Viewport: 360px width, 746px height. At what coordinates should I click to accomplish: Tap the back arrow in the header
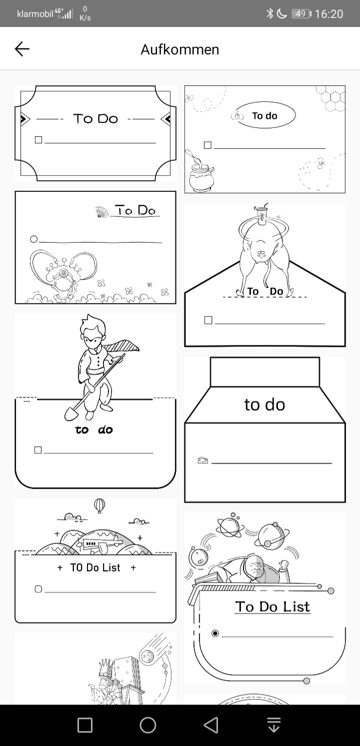coord(22,49)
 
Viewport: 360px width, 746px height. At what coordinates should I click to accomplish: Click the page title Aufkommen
coord(180,49)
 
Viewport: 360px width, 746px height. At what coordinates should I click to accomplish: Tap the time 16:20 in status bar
coord(328,14)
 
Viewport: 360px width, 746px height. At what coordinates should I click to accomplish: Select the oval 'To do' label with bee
coord(265,115)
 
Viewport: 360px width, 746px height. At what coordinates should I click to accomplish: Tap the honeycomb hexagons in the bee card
coord(330,98)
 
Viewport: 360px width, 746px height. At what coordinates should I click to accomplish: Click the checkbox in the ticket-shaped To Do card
coord(38,140)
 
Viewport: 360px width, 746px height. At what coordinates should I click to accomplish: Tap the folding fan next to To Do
coord(102,212)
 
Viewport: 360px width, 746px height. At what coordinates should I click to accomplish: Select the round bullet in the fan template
coord(33,239)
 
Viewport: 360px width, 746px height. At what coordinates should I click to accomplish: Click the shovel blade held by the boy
coord(71,414)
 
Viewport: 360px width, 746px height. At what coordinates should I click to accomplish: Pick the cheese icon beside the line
coord(202,460)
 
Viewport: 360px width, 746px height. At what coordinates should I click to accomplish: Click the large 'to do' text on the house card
coord(264,405)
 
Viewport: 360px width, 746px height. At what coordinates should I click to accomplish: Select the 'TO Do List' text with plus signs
coord(95,568)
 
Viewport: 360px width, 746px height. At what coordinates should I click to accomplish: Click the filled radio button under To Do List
coord(215,633)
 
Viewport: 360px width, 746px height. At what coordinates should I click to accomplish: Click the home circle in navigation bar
coord(148,725)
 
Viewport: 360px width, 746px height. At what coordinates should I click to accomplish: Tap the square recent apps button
coord(85,725)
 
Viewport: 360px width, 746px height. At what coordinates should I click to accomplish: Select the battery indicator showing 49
coord(301,13)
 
